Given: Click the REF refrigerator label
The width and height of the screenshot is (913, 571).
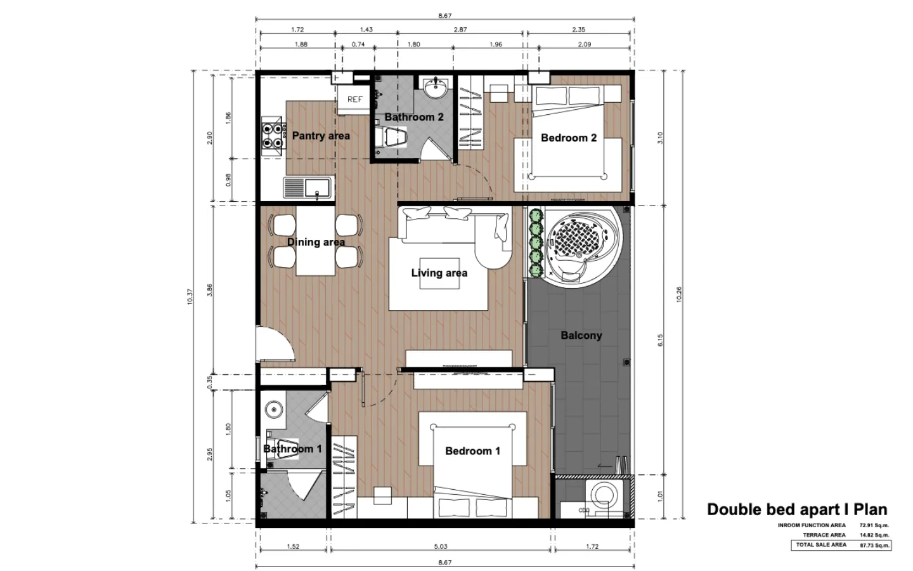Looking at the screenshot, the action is coord(354,99).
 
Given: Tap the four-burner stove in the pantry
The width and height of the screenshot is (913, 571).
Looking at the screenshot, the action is coord(272,136).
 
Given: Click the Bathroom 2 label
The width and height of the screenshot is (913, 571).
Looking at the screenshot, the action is coord(413,117).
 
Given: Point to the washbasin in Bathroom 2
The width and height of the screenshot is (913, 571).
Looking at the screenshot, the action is coord(436,88).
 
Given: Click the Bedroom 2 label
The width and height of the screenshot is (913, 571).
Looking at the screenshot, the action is coord(569,138).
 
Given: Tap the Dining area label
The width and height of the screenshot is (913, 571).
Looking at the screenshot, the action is coord(316,242).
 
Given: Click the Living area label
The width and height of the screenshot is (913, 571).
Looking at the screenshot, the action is coord(439,273).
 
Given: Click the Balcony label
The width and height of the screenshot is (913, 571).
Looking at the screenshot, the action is coord(581,335).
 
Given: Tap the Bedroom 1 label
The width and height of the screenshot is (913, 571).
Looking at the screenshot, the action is coord(472,450).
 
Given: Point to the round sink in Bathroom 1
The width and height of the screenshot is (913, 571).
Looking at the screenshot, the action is coord(273,409).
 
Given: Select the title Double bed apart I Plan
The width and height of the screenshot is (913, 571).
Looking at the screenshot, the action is coord(797,509).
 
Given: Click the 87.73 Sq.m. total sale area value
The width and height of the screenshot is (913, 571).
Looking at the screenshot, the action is coord(874,545).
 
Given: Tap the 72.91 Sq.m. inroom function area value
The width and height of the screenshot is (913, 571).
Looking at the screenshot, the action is coord(874,525).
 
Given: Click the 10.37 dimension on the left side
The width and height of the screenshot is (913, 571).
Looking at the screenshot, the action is coord(190,296).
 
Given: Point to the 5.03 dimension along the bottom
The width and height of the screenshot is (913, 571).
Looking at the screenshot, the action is coord(440,546).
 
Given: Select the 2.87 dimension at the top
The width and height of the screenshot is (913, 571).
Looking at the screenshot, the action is coord(460,29).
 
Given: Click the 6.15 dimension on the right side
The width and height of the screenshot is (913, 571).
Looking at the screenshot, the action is coord(660,340).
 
